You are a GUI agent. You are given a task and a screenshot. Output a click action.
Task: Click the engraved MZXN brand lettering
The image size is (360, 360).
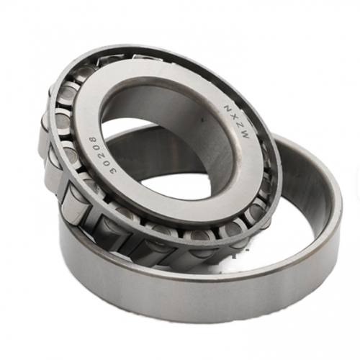pyautogui.click(x=236, y=122)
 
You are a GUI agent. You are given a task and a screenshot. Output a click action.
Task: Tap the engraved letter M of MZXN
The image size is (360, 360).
pyautogui.click(x=246, y=135)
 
